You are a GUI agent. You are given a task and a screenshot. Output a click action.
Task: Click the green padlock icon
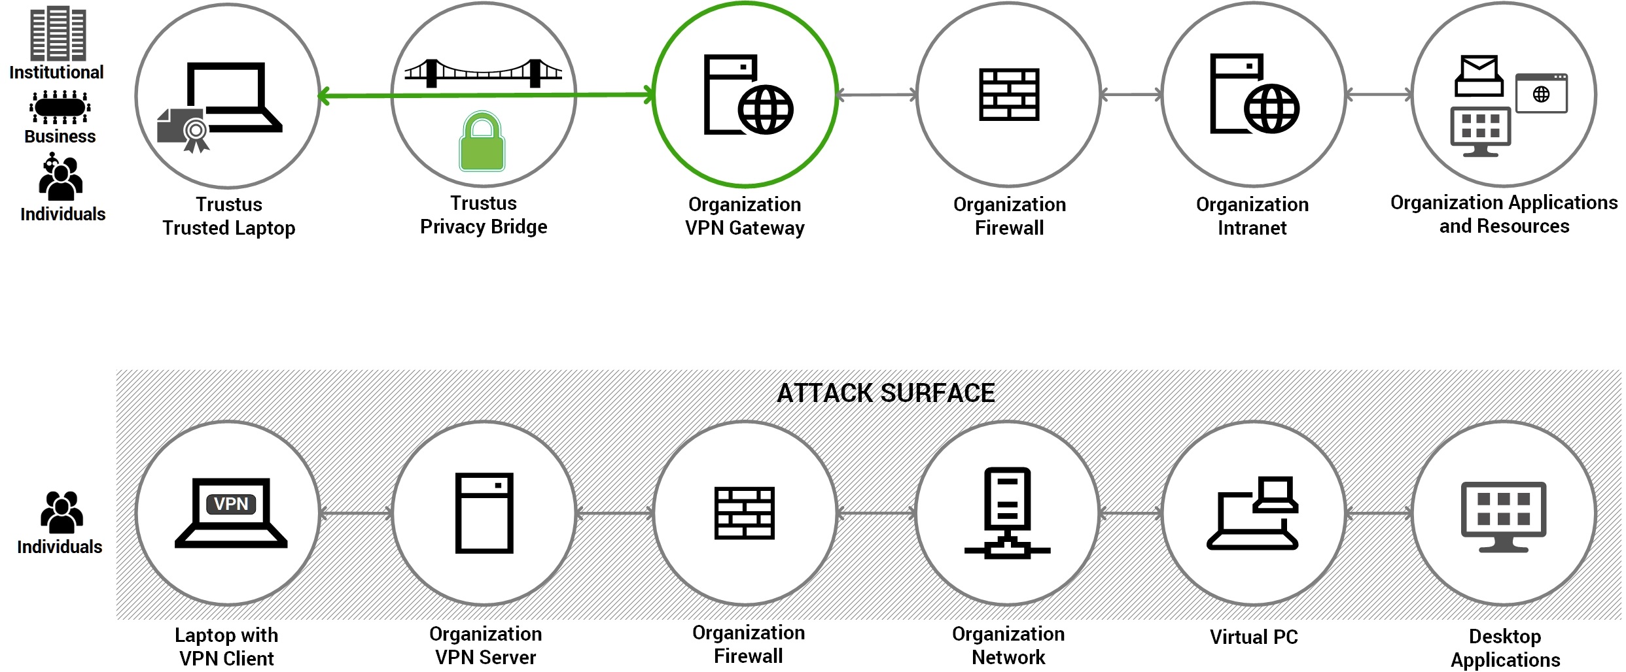click(x=482, y=142)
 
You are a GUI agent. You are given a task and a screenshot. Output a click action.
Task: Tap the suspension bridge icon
click(x=483, y=73)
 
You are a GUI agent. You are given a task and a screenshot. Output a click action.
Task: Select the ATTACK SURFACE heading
click(x=885, y=394)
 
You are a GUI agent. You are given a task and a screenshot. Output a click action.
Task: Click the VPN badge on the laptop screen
click(x=231, y=504)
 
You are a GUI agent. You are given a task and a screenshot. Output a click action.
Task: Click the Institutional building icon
click(x=58, y=33)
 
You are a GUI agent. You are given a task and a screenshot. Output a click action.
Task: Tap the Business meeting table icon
click(x=60, y=107)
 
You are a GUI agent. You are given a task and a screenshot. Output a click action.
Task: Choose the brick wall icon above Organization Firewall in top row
click(x=1008, y=95)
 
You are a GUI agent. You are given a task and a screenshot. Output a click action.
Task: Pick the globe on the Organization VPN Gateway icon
click(x=766, y=110)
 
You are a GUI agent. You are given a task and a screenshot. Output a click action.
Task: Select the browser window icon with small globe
click(x=1541, y=93)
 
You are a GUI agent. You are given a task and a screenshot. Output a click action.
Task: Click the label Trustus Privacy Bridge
click(x=484, y=215)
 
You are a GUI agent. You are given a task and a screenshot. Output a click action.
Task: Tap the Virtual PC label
click(x=1253, y=637)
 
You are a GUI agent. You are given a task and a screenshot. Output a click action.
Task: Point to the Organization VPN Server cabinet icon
click(x=484, y=513)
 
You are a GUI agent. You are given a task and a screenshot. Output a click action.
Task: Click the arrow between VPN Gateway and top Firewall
click(x=877, y=95)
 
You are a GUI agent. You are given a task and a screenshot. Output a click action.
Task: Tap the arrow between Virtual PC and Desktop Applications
click(x=1379, y=514)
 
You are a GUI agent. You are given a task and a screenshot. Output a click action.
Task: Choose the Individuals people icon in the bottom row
click(x=61, y=512)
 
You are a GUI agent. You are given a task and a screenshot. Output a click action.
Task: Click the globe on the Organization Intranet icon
click(x=1271, y=109)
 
